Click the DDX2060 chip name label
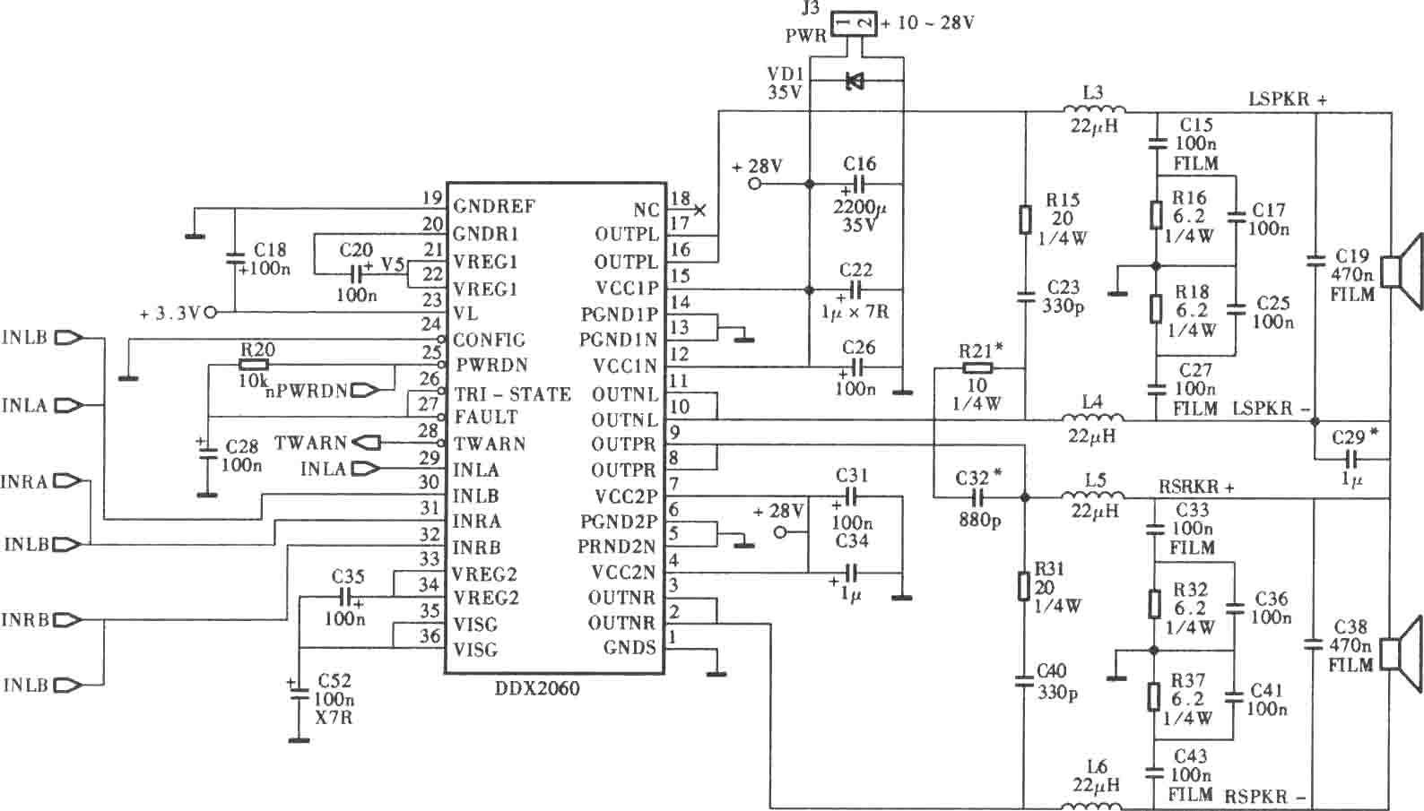537,688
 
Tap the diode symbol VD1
855,81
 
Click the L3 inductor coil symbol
1093,109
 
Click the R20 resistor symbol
254,365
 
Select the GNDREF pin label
494,206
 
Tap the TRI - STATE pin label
512,394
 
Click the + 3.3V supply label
170,313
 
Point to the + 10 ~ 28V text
927,23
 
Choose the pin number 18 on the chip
680,198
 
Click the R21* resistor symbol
977,368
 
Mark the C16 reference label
859,164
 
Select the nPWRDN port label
307,391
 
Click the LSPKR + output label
1288,99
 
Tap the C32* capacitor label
979,477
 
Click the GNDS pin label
629,648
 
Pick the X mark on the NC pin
700,210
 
